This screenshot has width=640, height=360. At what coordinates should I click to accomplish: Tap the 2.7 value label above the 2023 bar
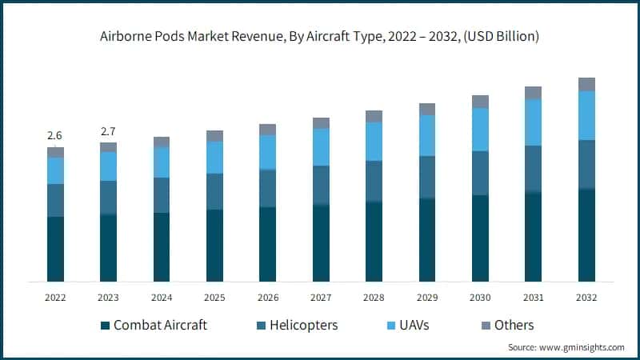pos(108,131)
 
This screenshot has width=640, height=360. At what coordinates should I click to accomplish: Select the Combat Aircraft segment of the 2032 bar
pos(586,235)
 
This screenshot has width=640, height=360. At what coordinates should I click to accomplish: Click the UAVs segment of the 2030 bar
pos(480,130)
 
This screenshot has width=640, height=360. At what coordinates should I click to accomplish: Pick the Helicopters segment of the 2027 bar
pos(321,186)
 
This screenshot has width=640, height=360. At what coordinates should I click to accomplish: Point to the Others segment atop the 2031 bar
pos(533,93)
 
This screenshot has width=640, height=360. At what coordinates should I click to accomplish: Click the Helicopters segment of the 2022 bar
pos(55,200)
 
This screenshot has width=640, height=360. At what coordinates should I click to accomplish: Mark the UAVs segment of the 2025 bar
pos(214,158)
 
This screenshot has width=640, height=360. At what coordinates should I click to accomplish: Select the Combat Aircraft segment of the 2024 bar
pos(162,247)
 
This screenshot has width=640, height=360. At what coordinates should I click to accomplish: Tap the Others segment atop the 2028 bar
pos(374,117)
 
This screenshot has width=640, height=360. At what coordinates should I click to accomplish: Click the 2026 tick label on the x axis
pos(267,298)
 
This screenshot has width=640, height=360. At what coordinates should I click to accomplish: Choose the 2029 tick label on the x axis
pos(426,298)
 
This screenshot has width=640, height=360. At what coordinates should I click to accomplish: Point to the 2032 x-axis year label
pos(586,298)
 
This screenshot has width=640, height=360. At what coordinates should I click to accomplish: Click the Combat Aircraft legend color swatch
pos(105,326)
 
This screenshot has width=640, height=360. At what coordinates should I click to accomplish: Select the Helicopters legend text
pos(303,325)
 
